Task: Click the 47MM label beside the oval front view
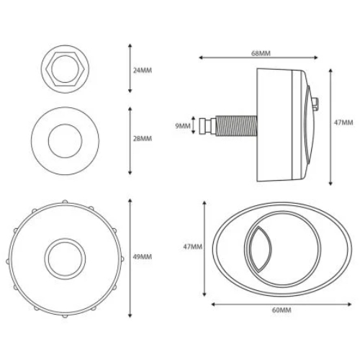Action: point(194,246)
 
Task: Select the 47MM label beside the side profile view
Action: point(344,124)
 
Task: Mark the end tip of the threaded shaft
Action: point(207,125)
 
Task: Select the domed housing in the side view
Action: point(281,124)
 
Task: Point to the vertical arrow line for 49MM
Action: point(130,257)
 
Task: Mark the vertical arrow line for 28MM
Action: point(130,140)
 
